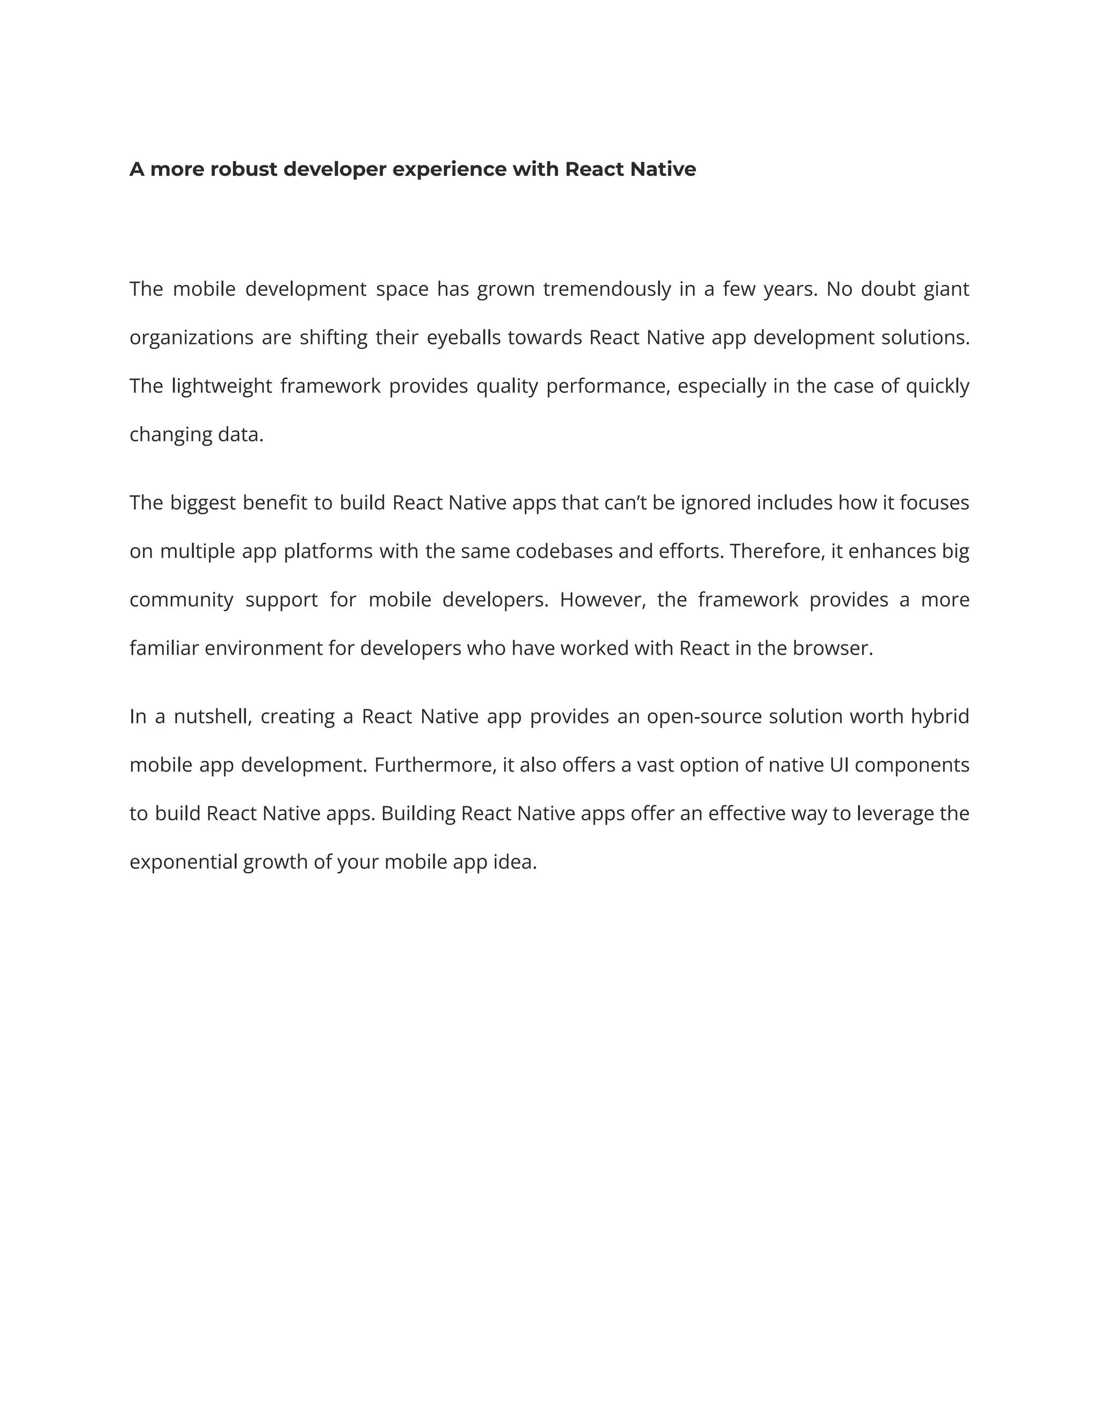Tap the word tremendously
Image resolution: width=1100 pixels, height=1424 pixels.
[x=607, y=289]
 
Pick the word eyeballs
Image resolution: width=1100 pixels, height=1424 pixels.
[x=464, y=338]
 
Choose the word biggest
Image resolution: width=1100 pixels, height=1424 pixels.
[x=202, y=503]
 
